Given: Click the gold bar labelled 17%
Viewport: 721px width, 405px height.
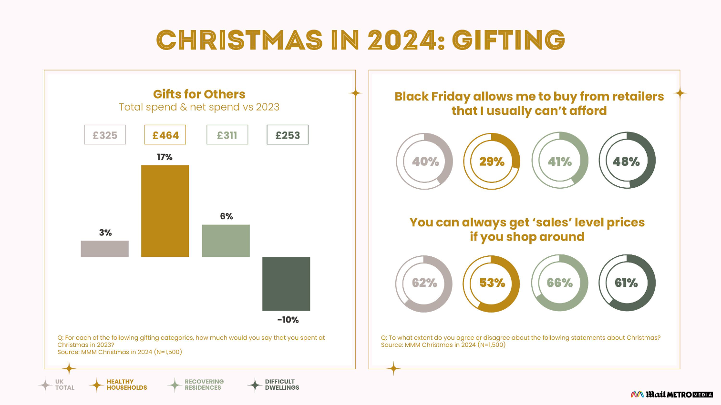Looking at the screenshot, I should (x=165, y=211).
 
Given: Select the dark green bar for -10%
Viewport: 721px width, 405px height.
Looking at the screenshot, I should (x=286, y=284).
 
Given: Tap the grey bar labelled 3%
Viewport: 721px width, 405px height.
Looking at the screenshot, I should (x=105, y=249).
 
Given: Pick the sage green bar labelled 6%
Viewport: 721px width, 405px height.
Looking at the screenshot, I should (x=226, y=241).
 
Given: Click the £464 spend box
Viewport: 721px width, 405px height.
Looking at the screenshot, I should (x=165, y=135).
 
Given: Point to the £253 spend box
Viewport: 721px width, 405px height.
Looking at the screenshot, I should (x=288, y=135).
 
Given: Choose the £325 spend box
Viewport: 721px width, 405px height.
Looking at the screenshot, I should (x=105, y=135).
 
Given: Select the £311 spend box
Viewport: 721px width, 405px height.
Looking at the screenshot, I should (x=227, y=135).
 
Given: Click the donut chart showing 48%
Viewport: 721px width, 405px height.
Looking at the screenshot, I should (x=627, y=161).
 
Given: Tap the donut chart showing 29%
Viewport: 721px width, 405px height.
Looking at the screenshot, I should (x=492, y=161).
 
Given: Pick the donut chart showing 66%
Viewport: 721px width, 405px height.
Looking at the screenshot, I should (x=560, y=283).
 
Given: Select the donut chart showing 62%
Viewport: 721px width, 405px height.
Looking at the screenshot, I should (x=424, y=283).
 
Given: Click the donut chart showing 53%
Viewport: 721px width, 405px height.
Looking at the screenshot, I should (x=492, y=283).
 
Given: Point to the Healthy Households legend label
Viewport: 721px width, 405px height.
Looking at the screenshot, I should (x=127, y=385).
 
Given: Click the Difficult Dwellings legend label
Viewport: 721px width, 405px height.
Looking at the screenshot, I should (x=282, y=385).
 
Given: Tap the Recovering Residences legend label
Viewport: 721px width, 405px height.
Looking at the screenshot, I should (x=204, y=385).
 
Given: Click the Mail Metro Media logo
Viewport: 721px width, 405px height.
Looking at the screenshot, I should (x=671, y=395).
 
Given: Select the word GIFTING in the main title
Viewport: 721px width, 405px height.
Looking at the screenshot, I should (x=508, y=40).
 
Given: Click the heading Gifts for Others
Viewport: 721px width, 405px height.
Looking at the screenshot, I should (x=199, y=94).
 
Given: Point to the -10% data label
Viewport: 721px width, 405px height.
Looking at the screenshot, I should (x=288, y=320).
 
